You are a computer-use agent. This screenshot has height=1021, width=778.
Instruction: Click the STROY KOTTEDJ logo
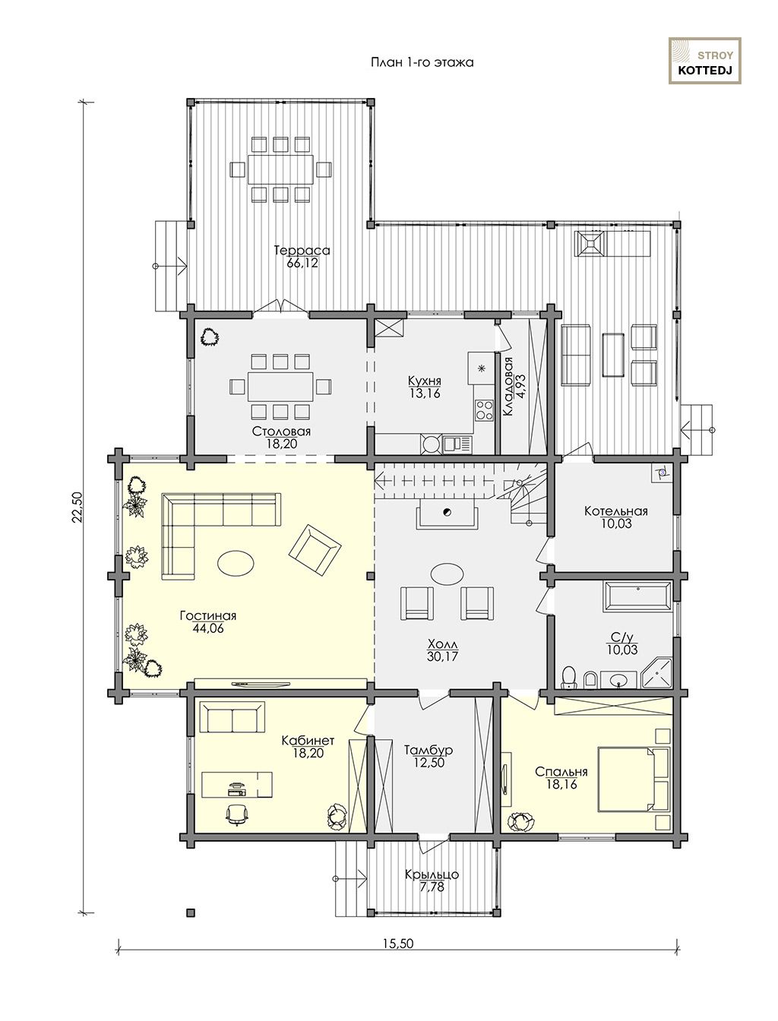coord(704,61)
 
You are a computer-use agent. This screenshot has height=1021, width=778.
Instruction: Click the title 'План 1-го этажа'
coord(422,62)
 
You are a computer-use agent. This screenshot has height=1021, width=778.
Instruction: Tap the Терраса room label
coord(302,251)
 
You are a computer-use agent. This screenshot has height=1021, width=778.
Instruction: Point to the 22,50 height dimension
coord(77,507)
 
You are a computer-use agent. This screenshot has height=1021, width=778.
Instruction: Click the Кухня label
coord(424,381)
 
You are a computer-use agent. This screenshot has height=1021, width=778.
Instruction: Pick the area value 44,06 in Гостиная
coord(208,628)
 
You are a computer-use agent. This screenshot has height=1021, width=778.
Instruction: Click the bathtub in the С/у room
coord(637,596)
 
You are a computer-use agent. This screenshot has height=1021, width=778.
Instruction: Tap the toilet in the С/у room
coord(569,678)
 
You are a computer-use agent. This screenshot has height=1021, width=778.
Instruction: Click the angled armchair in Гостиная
coord(315,549)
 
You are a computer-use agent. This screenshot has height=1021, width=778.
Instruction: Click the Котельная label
coord(615,511)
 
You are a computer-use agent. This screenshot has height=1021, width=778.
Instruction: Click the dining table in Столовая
coord(280,386)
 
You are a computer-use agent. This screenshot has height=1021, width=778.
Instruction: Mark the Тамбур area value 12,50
coord(429,763)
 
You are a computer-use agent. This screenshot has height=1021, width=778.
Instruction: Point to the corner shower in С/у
coord(656,673)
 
